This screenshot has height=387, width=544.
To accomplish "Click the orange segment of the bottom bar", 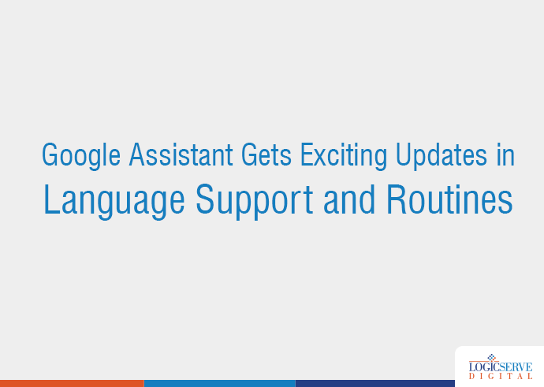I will (x=72, y=383).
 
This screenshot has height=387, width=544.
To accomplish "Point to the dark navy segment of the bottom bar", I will (x=374, y=383).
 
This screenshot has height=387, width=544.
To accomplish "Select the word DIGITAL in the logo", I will (x=500, y=378).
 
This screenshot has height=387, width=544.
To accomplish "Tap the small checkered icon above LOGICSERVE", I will (x=494, y=356).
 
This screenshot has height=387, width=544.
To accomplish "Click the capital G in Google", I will (x=50, y=155).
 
